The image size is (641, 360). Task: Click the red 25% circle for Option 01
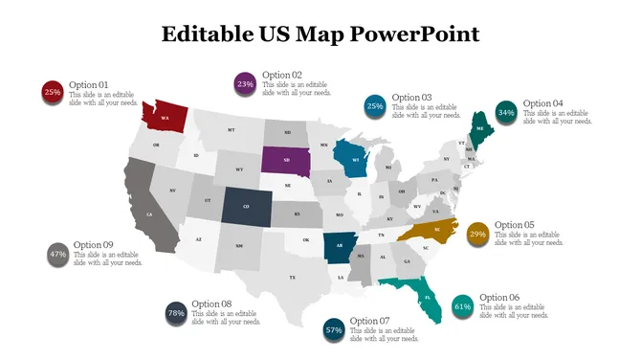click(x=52, y=93)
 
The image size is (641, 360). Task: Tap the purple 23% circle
click(x=245, y=84)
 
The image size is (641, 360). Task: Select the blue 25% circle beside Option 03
click(x=375, y=106)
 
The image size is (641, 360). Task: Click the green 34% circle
click(x=506, y=112)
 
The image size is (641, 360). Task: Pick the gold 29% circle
click(x=477, y=234)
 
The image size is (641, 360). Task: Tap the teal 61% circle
click(x=462, y=306)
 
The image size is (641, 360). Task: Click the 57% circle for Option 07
click(x=334, y=329)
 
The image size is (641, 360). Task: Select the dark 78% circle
click(x=176, y=313)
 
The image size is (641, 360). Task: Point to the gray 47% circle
click(x=57, y=255)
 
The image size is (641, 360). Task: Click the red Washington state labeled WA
click(x=165, y=116)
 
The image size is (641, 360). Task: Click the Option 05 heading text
click(x=515, y=225)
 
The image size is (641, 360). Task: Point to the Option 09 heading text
click(x=93, y=245)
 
